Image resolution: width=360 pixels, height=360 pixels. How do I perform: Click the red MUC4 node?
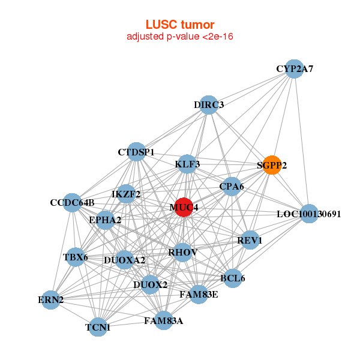point(184,207)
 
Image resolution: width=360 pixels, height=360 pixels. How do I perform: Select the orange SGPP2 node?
point(272,165)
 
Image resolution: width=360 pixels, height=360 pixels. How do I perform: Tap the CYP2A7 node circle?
point(293,69)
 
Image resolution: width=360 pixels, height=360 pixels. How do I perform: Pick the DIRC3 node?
point(208,105)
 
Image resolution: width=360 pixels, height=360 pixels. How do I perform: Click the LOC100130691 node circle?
point(308,214)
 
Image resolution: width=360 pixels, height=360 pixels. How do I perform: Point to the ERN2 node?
point(51,299)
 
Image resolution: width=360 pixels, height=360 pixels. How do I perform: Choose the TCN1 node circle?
point(98,327)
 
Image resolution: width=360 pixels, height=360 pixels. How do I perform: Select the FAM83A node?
point(163,320)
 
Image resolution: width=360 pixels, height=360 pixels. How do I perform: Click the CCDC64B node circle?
point(72,202)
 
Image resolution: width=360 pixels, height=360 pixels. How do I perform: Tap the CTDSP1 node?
point(137,152)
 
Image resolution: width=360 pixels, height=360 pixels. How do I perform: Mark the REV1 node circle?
point(250,240)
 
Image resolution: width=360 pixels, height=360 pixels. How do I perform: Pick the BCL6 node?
point(232,278)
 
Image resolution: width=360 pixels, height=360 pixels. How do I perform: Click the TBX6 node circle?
point(76,257)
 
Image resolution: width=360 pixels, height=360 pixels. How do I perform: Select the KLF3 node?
point(187,164)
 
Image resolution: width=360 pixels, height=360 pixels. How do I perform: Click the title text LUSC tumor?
point(180,25)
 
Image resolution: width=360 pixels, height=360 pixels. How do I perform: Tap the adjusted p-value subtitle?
point(180,37)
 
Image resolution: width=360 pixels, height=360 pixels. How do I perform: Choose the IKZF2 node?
point(127,194)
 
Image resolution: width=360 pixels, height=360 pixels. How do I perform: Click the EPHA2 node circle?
point(106,220)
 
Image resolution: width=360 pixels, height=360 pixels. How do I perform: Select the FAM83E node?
point(199,294)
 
